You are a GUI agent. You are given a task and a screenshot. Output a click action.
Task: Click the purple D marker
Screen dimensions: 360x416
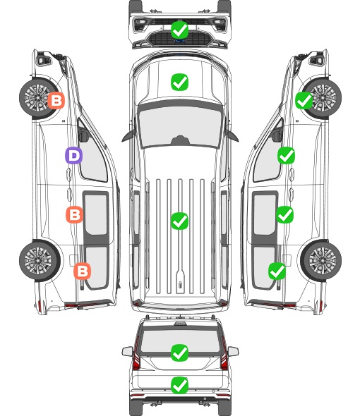(73, 155)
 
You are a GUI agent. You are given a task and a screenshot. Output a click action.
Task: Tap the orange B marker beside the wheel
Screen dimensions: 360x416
(56, 101)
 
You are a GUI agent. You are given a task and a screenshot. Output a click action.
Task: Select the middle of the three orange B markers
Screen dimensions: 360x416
(74, 214)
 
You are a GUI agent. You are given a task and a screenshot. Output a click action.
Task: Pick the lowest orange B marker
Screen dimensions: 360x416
(82, 271)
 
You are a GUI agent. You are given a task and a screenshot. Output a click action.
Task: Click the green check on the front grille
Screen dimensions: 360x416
(179, 30)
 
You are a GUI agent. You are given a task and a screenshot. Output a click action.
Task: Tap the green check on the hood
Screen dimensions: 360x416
(179, 82)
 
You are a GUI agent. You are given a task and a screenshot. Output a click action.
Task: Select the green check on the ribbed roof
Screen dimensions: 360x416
(179, 221)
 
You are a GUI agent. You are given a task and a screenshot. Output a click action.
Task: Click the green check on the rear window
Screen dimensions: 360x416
(179, 353)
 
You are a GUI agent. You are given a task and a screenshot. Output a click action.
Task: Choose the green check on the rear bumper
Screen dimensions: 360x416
(179, 385)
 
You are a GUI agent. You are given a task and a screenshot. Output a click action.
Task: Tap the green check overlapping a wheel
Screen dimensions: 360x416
(304, 101)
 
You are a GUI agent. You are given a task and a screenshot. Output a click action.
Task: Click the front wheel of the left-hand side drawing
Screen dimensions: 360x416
(39, 98)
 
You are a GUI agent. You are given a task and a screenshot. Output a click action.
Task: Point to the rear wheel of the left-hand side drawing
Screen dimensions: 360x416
(40, 261)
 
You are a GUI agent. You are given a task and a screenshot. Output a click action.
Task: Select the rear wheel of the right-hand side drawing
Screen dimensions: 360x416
(321, 261)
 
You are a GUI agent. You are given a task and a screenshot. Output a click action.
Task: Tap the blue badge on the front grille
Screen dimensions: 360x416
(180, 41)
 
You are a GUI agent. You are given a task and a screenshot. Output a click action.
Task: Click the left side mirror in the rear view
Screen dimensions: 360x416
(127, 351)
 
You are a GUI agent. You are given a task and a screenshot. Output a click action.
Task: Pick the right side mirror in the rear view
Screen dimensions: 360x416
(233, 351)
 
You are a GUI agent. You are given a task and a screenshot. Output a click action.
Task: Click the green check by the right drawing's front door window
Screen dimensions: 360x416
(286, 155)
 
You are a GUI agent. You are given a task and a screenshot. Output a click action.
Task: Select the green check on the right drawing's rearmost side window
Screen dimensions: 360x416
(277, 271)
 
